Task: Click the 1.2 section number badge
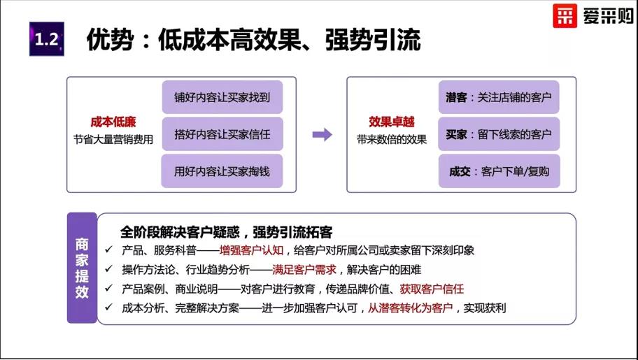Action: click(47, 38)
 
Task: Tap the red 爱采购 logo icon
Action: click(565, 15)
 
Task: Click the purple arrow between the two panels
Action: click(322, 134)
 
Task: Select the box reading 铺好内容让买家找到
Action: click(222, 97)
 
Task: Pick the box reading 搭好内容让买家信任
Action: click(222, 134)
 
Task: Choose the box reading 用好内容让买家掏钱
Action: click(222, 171)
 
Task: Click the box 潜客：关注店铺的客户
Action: click(499, 97)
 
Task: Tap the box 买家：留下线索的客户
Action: click(499, 134)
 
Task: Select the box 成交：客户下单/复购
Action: click(499, 171)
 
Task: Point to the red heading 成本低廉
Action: click(113, 122)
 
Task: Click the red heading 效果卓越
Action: click(392, 122)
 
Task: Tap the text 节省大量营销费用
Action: click(113, 140)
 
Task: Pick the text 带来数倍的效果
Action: click(392, 140)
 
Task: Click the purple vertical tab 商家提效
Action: click(82, 268)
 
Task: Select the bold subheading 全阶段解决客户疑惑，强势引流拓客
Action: click(226, 232)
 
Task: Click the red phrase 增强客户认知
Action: click(251, 250)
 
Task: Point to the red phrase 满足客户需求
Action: click(304, 269)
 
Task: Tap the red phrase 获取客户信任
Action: click(432, 289)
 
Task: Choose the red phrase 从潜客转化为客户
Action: click(411, 308)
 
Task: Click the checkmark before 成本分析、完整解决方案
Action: click(108, 307)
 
